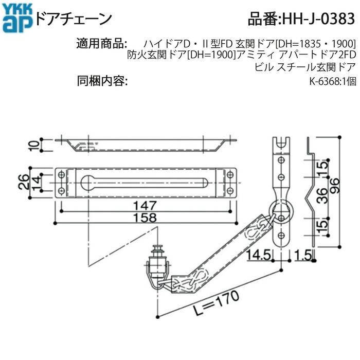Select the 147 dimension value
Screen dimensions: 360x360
(x=145, y=205)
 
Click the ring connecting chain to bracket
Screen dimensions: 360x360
(x=281, y=210)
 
